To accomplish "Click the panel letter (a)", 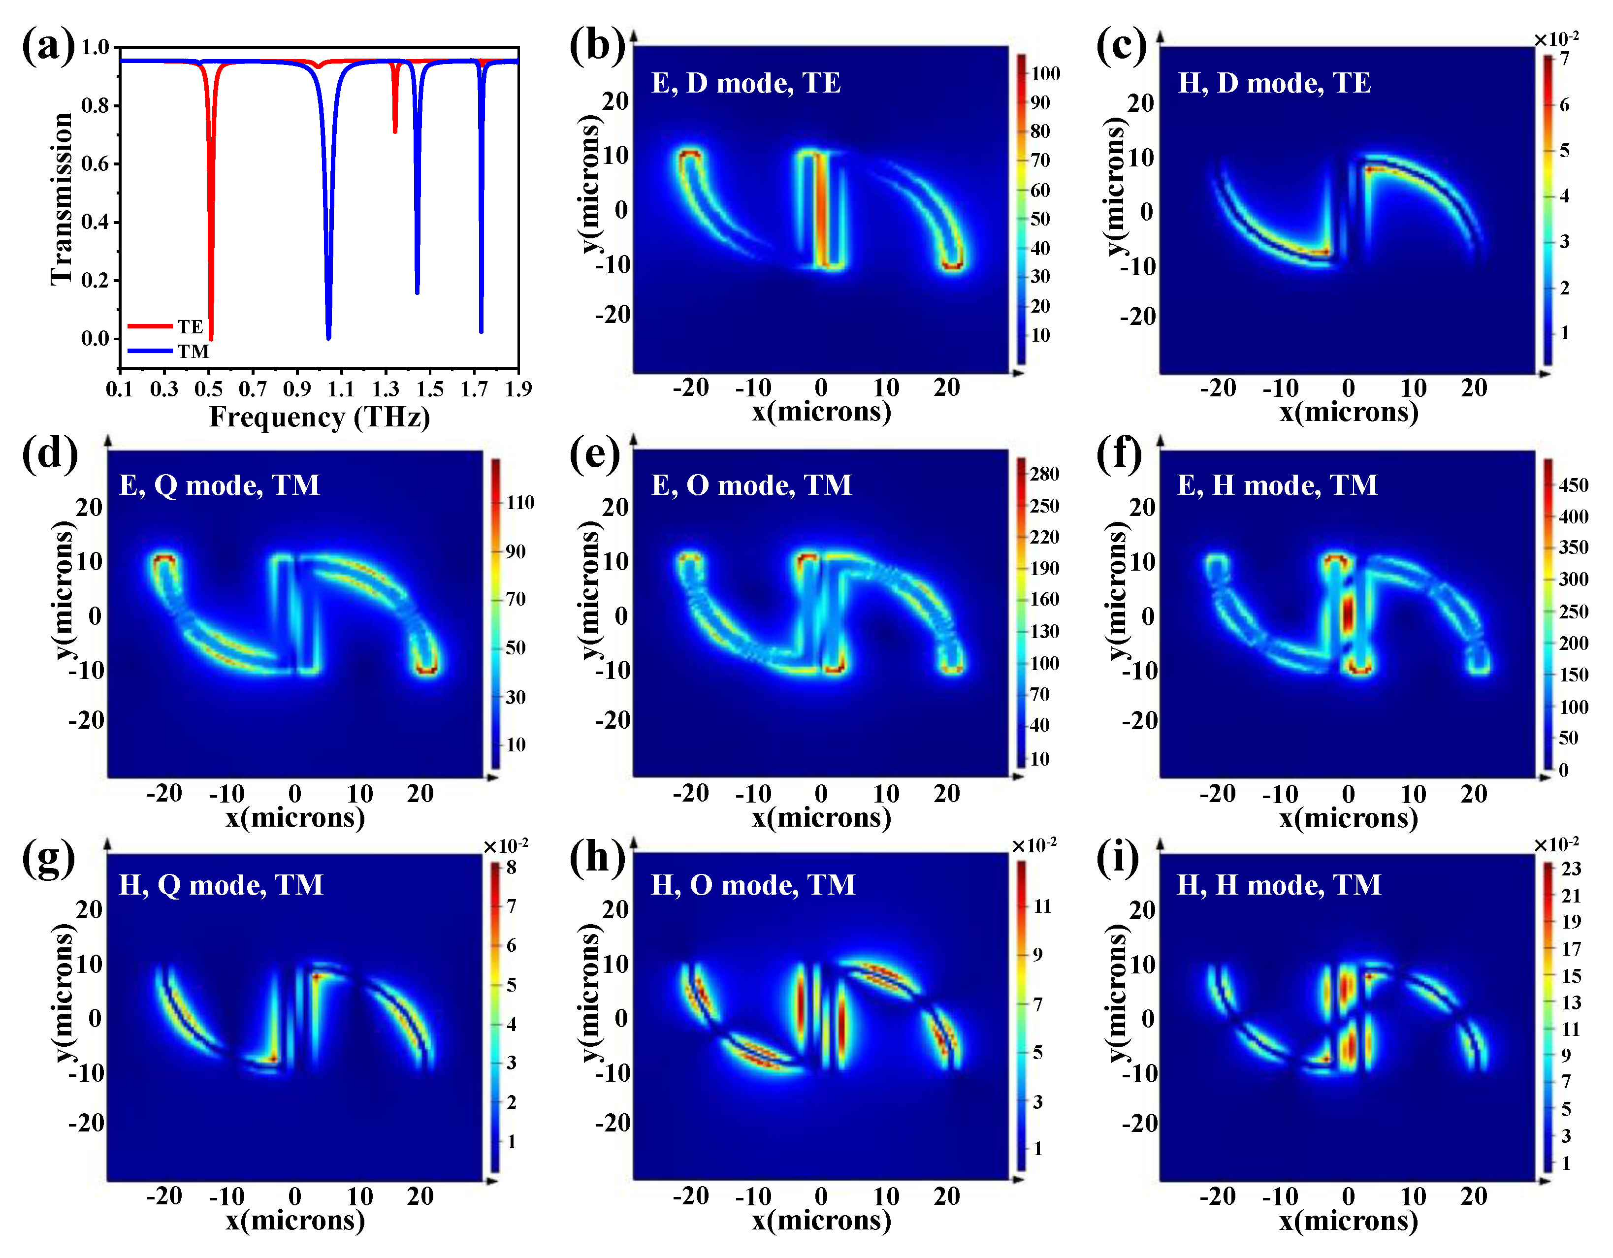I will pos(48,46).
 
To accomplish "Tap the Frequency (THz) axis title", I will pos(319,418).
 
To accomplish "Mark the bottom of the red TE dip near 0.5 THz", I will pos(211,338).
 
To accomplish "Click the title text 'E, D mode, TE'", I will pos(746,83).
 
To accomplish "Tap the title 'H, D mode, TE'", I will pos(1274,83).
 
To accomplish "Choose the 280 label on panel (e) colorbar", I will pos(1044,474).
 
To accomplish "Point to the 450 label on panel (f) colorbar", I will pos(1573,485).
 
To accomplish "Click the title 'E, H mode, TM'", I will pos(1277,485).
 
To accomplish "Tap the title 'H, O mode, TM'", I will pos(752,885).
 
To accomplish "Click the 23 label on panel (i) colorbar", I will pos(1571,869).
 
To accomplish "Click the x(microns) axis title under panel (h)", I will pos(821,1220).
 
